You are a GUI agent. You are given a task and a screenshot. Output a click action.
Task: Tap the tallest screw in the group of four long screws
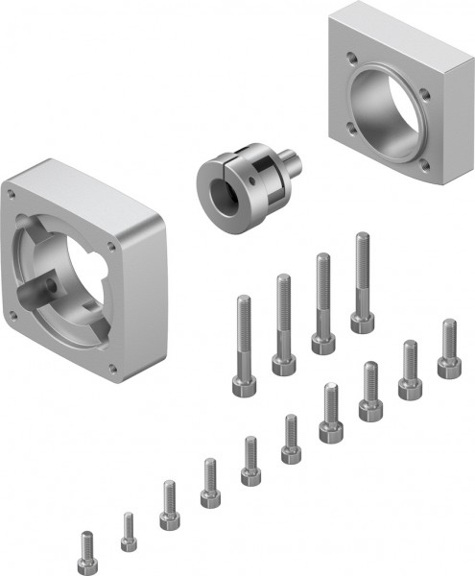pyautogui.click(x=362, y=283)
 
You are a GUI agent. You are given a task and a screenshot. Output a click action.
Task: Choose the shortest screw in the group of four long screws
pyautogui.click(x=242, y=346)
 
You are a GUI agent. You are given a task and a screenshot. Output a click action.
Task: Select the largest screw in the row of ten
pyautogui.click(x=448, y=349)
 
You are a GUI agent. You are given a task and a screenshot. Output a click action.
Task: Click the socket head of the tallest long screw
pyautogui.click(x=362, y=321)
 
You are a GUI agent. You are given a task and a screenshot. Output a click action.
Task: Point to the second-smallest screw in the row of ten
pyautogui.click(x=128, y=532)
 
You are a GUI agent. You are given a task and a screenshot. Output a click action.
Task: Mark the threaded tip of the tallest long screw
pyautogui.click(x=363, y=238)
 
